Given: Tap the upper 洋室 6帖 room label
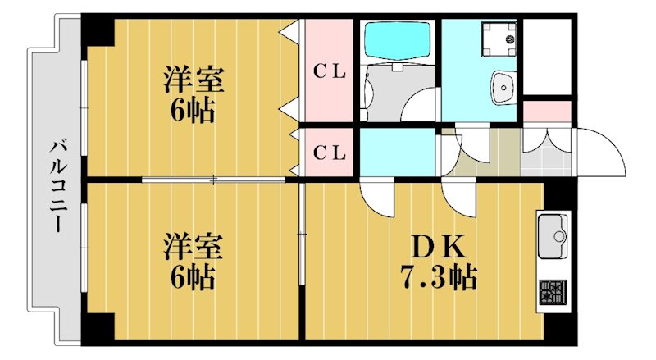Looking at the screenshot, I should point(193,95).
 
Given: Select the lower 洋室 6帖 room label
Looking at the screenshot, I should point(193,262).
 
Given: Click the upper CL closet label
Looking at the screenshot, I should point(330,71).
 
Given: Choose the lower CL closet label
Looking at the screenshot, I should point(330,153).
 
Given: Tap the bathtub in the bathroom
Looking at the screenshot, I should point(397,38).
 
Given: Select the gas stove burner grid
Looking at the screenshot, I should point(552,290).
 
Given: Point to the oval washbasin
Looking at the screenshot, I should point(502,84).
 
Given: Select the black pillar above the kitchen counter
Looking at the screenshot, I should point(561,194).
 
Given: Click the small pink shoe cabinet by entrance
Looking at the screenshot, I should point(546,109).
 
